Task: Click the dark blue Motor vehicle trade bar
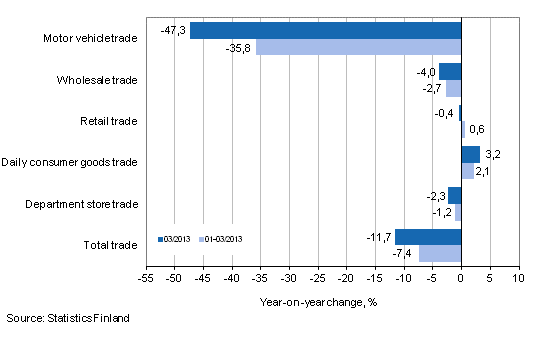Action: [325, 31]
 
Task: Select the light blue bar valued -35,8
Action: [358, 47]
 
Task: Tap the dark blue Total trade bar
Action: [428, 237]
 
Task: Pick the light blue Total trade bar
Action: [440, 253]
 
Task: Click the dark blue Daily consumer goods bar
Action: [470, 154]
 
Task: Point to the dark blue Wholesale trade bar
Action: [450, 72]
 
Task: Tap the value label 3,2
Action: [492, 155]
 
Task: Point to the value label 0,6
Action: [477, 129]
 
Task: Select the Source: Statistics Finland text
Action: [66, 318]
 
